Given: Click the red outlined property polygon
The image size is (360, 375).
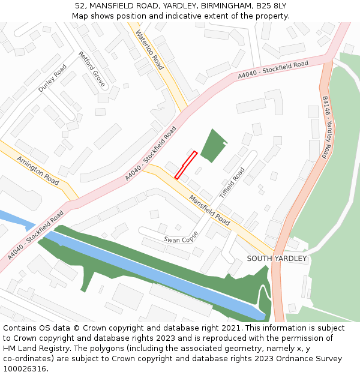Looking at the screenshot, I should click(186, 165).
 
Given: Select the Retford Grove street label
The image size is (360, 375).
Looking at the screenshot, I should click(91, 69).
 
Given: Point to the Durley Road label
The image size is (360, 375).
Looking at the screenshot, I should click(52, 78).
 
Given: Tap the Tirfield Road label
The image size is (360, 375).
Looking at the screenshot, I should click(232, 183).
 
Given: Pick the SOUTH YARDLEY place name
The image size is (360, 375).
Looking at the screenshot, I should click(277, 259).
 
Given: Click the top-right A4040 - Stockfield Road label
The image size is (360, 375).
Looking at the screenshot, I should click(273, 70).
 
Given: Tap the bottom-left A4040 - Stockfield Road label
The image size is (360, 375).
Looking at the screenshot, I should click(36, 235).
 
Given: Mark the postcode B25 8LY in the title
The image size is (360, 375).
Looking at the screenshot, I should click(271, 6).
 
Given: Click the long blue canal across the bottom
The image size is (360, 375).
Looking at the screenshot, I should click(156, 273).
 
